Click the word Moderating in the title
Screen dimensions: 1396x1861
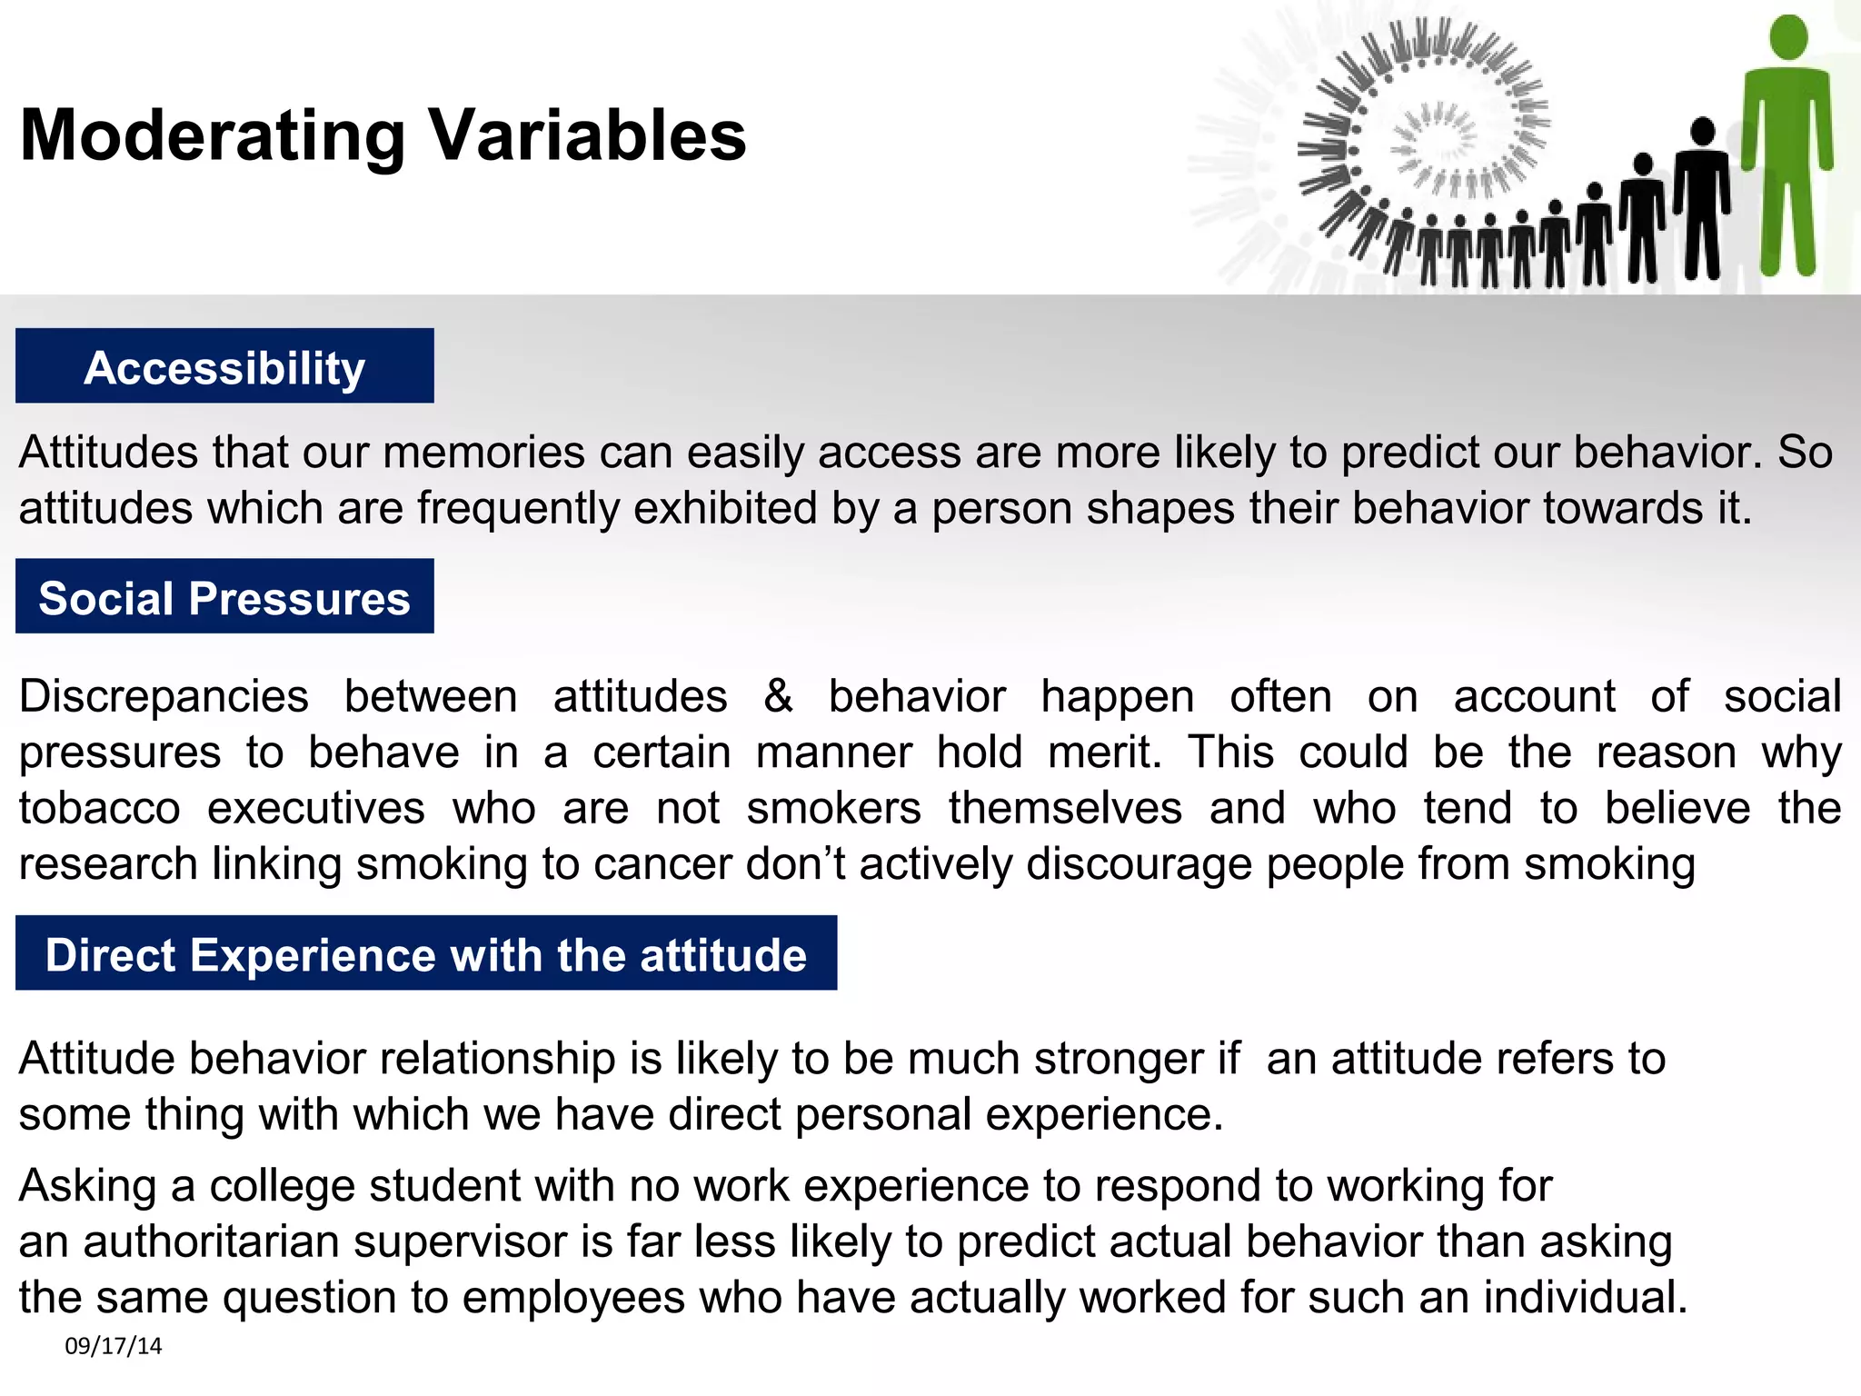coord(213,136)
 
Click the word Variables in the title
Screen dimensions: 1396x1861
coord(587,136)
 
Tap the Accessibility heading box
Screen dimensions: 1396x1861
coord(224,366)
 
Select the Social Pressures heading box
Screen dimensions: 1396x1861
coord(224,597)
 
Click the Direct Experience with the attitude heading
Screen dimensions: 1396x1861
coord(426,954)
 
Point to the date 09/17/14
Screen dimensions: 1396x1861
coord(114,1346)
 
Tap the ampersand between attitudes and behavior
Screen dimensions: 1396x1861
coord(778,697)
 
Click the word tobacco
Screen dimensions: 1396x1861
coord(100,808)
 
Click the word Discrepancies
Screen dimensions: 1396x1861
coord(164,697)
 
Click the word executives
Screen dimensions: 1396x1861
coord(316,808)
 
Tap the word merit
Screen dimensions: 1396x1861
coord(1103,753)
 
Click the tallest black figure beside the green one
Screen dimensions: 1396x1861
coord(1702,200)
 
